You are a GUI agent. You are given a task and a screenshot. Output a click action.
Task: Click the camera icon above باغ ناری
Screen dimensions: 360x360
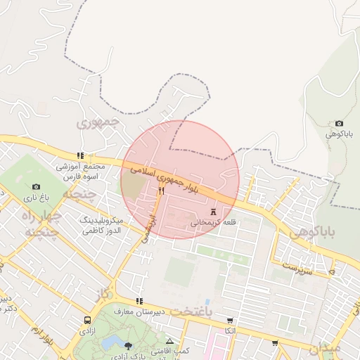point(36,186)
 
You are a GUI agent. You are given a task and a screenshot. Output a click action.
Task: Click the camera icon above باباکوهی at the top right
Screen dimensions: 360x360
point(340,123)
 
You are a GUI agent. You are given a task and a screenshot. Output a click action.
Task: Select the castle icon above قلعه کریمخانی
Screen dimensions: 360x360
point(213,212)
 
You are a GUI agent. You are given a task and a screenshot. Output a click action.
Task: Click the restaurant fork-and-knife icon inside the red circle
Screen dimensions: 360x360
point(162,191)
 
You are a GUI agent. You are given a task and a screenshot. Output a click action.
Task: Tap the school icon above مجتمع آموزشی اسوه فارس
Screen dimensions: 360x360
point(80,155)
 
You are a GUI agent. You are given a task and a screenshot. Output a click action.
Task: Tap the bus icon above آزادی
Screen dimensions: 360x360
point(87,319)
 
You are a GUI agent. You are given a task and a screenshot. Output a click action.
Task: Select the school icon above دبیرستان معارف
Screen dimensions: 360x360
point(139,300)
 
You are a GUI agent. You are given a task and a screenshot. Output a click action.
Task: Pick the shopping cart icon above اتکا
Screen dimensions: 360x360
point(230,320)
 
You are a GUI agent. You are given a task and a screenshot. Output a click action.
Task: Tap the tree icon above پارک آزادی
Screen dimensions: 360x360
point(128,345)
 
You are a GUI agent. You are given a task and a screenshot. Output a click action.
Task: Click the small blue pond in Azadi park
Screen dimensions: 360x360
point(112,342)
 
